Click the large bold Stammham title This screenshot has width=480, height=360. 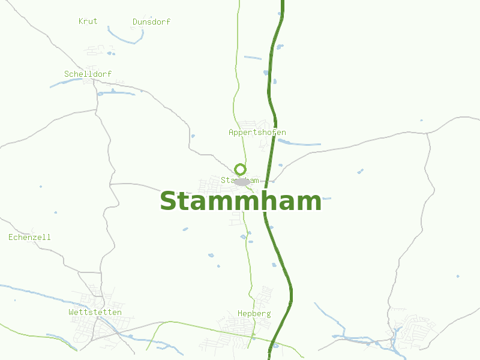[241, 202]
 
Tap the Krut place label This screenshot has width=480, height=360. [88, 22]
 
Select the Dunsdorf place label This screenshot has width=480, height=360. [151, 22]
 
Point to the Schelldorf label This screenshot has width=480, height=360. [88, 74]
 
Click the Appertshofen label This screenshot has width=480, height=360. [257, 133]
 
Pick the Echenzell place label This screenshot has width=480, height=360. [29, 238]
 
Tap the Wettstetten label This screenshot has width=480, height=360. [95, 313]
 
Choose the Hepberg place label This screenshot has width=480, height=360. [254, 314]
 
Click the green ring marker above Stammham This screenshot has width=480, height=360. [241, 169]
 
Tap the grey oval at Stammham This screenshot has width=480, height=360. [242, 182]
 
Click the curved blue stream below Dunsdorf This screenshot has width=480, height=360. [127, 38]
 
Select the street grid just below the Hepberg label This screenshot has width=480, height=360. [237, 329]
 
